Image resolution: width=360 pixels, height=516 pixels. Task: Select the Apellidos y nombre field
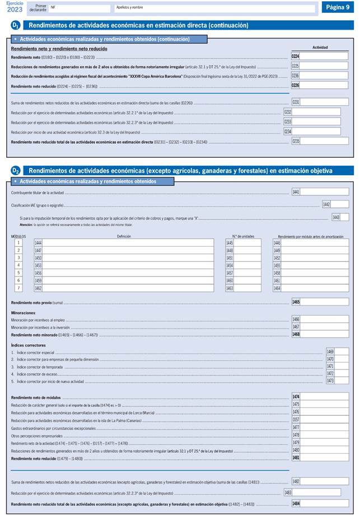coord(214,8)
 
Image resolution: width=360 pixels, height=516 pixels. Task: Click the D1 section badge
coord(16,25)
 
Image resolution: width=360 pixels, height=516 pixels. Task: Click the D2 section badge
coord(16,170)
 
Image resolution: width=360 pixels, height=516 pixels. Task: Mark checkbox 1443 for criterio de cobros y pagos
coord(344,217)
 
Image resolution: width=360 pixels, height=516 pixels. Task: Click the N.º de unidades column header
coord(243,236)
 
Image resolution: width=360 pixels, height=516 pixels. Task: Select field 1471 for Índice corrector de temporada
coord(342,366)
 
